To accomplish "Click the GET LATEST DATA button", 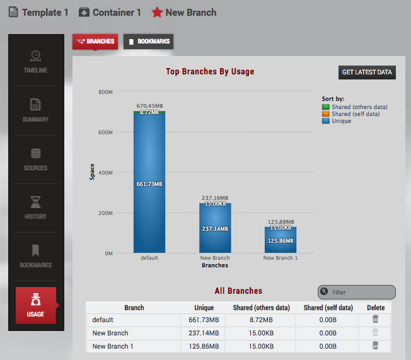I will point(367,73).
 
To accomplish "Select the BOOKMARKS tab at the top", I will point(148,42).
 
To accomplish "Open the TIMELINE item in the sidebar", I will point(35,62).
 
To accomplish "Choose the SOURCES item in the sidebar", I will point(35,160).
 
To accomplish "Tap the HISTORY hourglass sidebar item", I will point(35,208).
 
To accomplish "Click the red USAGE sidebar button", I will point(36,306).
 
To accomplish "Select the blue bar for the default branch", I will point(149,189).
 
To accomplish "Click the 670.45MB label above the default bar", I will point(149,106).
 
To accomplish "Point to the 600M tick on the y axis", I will point(105,132).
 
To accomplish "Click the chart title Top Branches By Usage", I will point(210,72).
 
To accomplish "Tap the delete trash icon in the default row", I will point(375,320).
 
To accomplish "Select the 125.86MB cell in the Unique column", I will point(203,346).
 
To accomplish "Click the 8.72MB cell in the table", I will point(260,320).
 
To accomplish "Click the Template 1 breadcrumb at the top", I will point(38,12).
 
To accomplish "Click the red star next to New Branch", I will point(157,12).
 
